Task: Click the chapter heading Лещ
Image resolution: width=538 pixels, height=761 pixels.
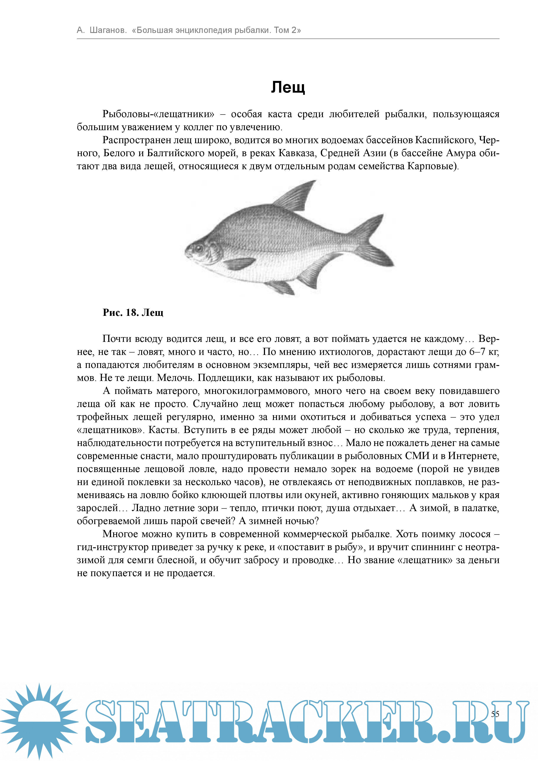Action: (x=288, y=87)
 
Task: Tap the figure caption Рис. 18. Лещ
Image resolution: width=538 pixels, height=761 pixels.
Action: (x=133, y=313)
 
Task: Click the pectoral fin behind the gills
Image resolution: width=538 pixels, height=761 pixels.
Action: (x=239, y=264)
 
